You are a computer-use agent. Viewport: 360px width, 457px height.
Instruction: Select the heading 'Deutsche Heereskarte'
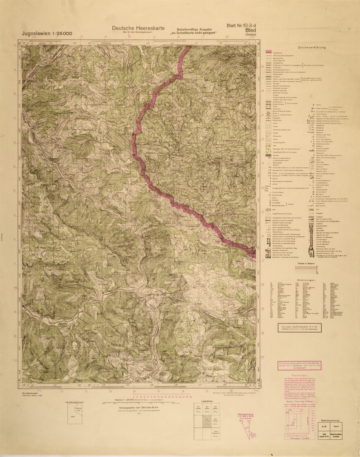click(133, 28)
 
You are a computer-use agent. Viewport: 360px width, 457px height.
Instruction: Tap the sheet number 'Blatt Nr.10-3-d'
click(244, 26)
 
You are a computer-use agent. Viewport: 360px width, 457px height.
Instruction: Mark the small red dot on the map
click(103, 294)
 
